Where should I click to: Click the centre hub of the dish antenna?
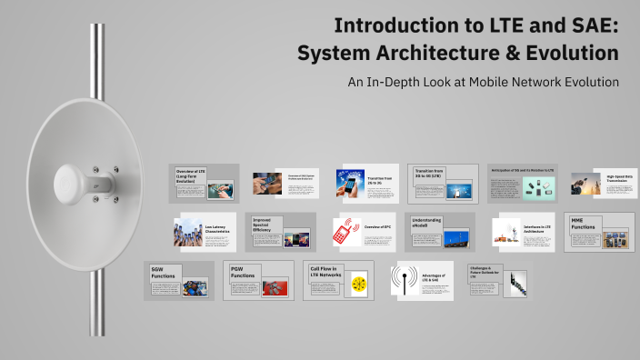(79, 182)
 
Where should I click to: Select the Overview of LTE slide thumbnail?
(205, 183)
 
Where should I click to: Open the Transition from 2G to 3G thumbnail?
(366, 184)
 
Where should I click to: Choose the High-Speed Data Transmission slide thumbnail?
(606, 184)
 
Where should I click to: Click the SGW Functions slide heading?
(165, 273)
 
